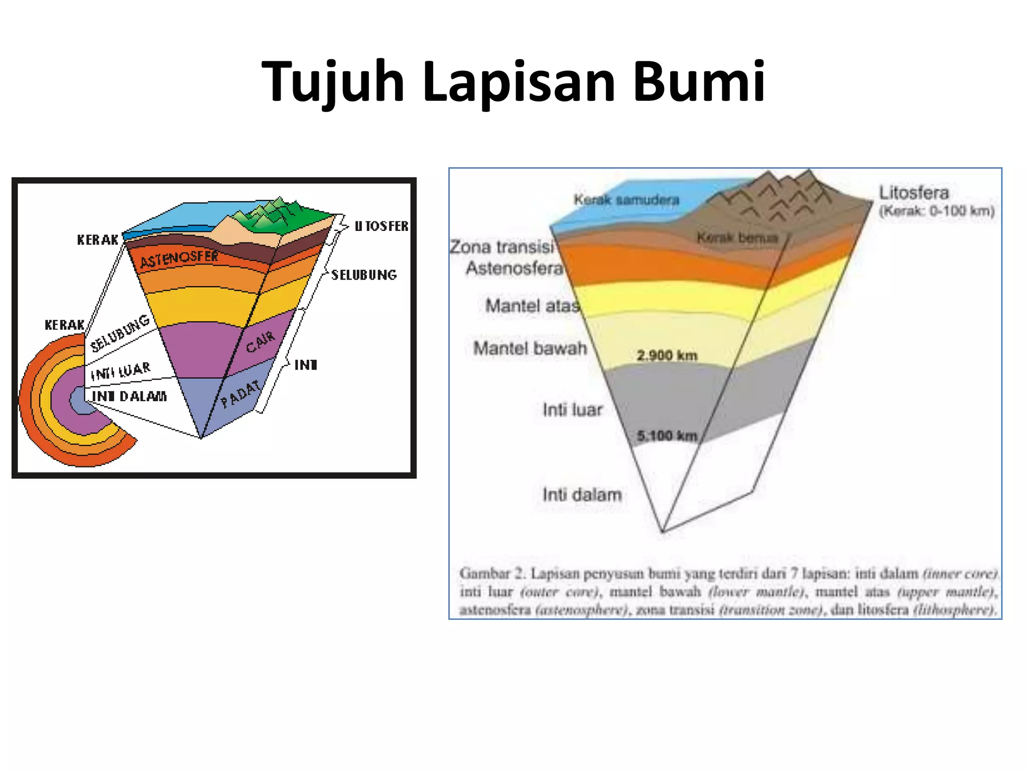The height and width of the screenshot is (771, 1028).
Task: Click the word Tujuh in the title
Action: pyautogui.click(x=333, y=82)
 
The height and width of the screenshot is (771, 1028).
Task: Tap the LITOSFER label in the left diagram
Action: pyautogui.click(x=381, y=226)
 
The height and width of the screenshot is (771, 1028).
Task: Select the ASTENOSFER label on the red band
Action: pyautogui.click(x=179, y=259)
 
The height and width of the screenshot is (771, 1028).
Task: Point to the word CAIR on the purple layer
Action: pyautogui.click(x=261, y=341)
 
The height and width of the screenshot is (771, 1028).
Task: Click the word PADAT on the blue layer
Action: pyautogui.click(x=241, y=394)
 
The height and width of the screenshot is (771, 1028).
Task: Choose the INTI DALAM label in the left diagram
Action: pyautogui.click(x=129, y=397)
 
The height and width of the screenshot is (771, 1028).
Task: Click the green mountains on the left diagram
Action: pyautogui.click(x=271, y=213)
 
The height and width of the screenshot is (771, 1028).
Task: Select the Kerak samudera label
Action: pyautogui.click(x=626, y=200)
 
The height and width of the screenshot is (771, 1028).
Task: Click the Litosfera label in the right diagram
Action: pyautogui.click(x=914, y=193)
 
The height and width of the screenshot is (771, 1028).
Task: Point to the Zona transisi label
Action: pyautogui.click(x=502, y=247)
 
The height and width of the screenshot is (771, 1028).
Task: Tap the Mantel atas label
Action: pyautogui.click(x=532, y=305)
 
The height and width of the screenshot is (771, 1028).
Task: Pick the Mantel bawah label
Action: pyautogui.click(x=530, y=348)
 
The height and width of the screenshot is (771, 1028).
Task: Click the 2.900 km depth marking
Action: pyautogui.click(x=667, y=355)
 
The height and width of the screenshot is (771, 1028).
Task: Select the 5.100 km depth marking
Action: pyautogui.click(x=667, y=436)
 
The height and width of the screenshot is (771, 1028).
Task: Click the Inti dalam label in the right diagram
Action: pyautogui.click(x=582, y=494)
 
